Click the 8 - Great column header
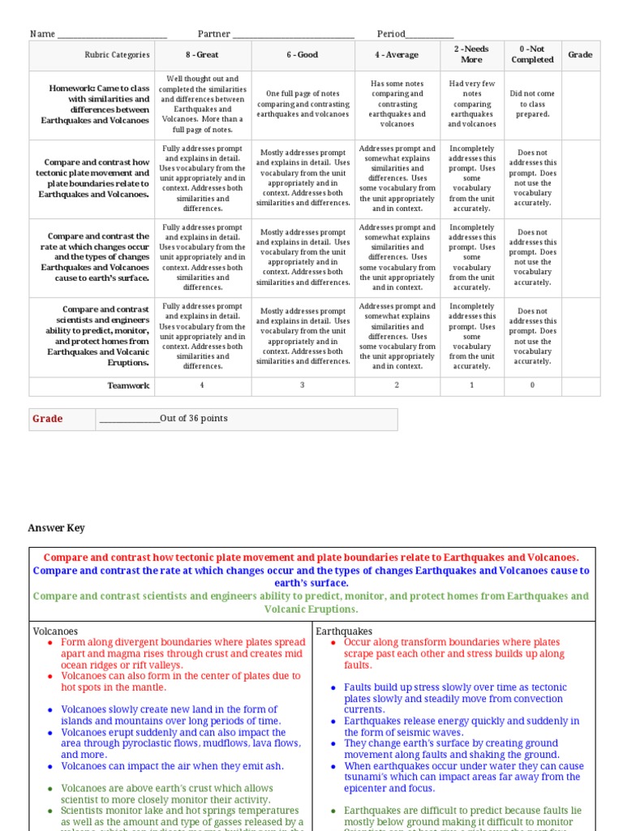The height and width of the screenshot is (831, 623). point(202,55)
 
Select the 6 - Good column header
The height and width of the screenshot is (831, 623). point(303,55)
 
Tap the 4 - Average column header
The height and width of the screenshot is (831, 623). point(397,55)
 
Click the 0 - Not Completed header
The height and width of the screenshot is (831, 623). point(532,54)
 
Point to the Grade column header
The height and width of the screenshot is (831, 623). point(580,55)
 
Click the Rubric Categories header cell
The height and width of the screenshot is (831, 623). point(117,55)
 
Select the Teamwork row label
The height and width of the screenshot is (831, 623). point(128,385)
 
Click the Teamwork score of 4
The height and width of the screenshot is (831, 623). point(202,385)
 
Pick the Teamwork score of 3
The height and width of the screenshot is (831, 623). point(303,385)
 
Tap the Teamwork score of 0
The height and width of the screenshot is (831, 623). point(532,385)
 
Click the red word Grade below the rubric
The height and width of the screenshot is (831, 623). point(47,419)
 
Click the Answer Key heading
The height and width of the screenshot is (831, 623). point(56,528)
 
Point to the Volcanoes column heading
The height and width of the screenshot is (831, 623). point(55,631)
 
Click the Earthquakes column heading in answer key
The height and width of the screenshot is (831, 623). point(344,631)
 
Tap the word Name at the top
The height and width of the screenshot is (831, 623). point(42,34)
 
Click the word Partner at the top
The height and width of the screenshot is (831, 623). point(214,34)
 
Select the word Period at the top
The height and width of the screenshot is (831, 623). point(390,34)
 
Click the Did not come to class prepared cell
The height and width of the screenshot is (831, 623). point(532,104)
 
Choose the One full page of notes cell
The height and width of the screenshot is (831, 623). point(303,104)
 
